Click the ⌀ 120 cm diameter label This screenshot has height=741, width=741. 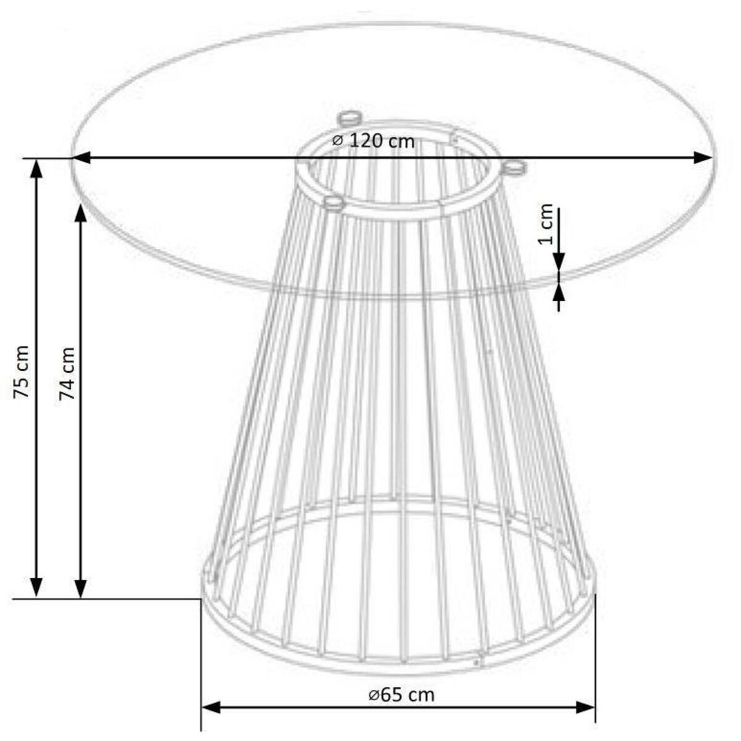tap(374, 140)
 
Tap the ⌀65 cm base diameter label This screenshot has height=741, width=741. tap(402, 695)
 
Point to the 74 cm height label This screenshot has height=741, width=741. tap(67, 373)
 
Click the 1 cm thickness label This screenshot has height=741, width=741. tap(546, 224)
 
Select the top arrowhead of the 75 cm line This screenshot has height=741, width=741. tap(37, 168)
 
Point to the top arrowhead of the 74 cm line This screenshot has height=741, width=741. tap(81, 214)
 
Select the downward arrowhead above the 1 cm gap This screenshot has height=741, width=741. tap(559, 262)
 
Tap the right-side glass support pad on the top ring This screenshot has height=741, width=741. tap(515, 167)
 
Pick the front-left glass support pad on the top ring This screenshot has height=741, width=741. tap(333, 202)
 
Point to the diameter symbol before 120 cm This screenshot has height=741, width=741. tap(338, 141)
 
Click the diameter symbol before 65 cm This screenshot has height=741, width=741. tap(374, 695)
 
